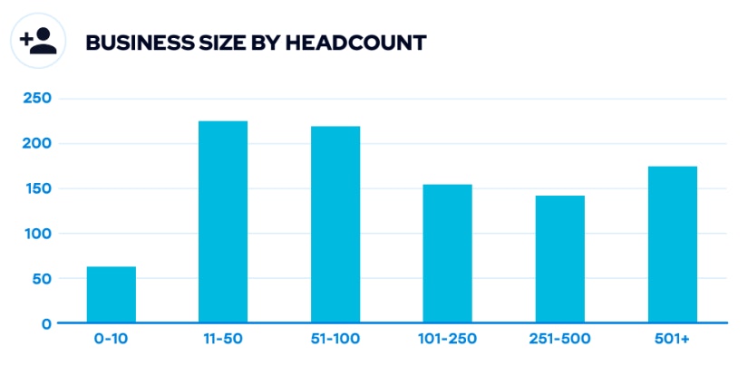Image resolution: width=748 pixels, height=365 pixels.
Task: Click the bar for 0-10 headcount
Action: pos(112,294)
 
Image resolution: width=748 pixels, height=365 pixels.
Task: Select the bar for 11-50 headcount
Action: pos(223,222)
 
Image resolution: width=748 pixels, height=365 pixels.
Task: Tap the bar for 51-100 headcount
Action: pos(335,225)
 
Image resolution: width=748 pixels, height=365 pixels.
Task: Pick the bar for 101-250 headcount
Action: pos(447,254)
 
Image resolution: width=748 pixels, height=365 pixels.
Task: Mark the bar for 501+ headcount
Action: pos(672,245)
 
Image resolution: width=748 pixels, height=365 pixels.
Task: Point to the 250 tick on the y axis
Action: pos(35,98)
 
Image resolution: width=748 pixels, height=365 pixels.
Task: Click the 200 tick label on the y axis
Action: pos(35,143)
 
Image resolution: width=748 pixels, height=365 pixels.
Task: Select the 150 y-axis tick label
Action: pos(35,188)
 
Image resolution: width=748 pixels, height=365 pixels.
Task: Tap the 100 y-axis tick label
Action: pos(35,234)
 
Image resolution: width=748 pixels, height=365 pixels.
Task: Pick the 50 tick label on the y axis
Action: pos(41,278)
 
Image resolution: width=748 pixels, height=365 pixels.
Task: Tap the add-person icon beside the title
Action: pos(38,41)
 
